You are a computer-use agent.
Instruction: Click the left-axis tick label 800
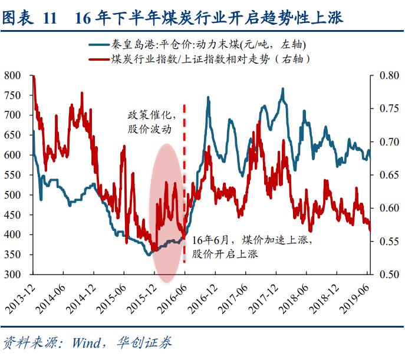[12, 75]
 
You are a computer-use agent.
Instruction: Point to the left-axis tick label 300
[12, 275]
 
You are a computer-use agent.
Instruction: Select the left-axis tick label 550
[12, 175]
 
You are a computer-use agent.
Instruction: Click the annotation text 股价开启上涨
[225, 254]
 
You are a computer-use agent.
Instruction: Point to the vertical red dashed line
[185, 177]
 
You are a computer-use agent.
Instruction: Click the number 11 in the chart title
[50, 19]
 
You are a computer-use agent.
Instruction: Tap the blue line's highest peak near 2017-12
[283, 90]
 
